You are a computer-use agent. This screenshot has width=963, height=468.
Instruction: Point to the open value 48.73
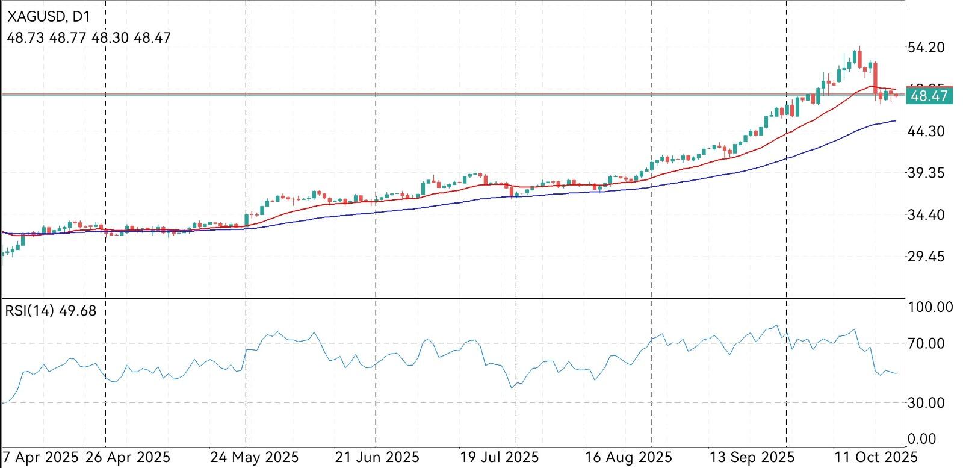[x=25, y=38]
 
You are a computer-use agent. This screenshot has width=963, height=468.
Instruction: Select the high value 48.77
[x=67, y=38]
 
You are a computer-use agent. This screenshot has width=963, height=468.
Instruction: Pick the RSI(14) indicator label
[x=30, y=311]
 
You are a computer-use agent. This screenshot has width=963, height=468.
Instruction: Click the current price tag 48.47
[x=930, y=96]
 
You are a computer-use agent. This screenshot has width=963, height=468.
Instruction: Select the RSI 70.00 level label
[x=930, y=343]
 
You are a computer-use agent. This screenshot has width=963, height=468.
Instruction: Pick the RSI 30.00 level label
[x=930, y=402]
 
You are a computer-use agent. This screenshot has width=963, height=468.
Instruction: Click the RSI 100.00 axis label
[x=930, y=307]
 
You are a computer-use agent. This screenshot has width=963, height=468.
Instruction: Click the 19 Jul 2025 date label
[x=499, y=457]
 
